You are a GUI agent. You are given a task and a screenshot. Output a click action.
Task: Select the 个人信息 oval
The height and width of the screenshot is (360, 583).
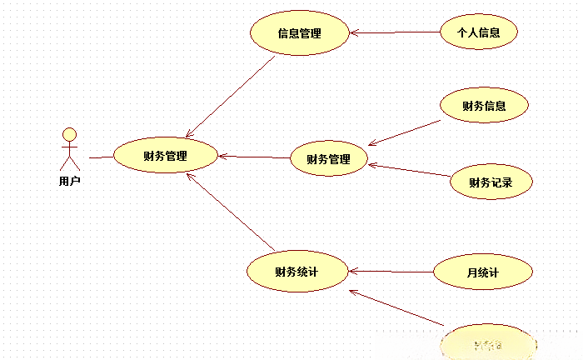[x=479, y=33]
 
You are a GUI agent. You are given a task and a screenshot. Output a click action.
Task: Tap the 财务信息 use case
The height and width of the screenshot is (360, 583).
[x=484, y=106]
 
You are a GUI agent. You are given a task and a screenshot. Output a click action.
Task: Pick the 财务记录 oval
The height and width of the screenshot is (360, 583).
[x=490, y=182]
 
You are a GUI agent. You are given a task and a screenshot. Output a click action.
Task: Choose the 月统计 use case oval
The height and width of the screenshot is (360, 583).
[x=482, y=272]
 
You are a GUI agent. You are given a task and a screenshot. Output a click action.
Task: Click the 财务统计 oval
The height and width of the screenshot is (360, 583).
[x=297, y=271]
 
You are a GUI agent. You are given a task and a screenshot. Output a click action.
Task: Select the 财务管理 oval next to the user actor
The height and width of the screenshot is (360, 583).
[x=165, y=156]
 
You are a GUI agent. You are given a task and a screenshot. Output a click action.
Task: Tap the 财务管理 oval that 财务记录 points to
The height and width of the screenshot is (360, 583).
[x=328, y=159]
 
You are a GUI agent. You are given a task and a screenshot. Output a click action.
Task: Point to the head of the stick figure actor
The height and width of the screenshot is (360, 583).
[x=70, y=133]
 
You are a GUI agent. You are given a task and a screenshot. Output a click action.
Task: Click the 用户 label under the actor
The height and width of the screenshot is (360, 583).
[x=70, y=180]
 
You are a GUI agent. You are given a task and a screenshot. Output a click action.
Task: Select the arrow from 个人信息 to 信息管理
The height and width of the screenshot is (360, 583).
[x=395, y=33]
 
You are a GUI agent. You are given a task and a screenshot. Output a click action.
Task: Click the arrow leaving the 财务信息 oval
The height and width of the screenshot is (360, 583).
[x=406, y=132]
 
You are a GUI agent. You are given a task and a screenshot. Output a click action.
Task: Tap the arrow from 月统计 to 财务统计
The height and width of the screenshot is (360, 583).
[x=391, y=272]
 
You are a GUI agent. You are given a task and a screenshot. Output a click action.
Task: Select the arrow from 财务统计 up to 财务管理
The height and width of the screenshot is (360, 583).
[x=231, y=212]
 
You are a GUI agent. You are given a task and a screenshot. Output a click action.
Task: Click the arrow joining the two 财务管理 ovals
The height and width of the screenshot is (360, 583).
[x=254, y=157]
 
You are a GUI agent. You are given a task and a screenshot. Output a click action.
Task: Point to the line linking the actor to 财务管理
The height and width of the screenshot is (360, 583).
[x=101, y=157]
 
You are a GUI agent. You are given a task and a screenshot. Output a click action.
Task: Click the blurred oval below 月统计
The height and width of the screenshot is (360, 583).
[x=487, y=342]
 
